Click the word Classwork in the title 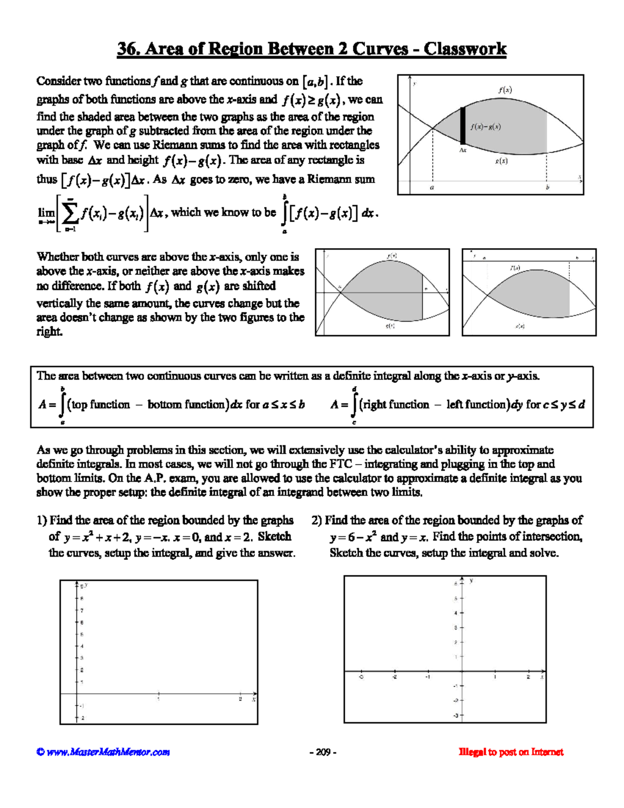464,49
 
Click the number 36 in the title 126,49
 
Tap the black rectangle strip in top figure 463,125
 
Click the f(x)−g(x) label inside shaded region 486,126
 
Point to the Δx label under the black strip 463,150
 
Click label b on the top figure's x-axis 547,187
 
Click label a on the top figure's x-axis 432,187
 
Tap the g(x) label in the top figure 501,161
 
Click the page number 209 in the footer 323,752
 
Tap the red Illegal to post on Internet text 511,752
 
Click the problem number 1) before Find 42,520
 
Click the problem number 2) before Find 317,520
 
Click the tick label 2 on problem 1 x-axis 240,699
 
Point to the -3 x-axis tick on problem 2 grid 361,677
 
